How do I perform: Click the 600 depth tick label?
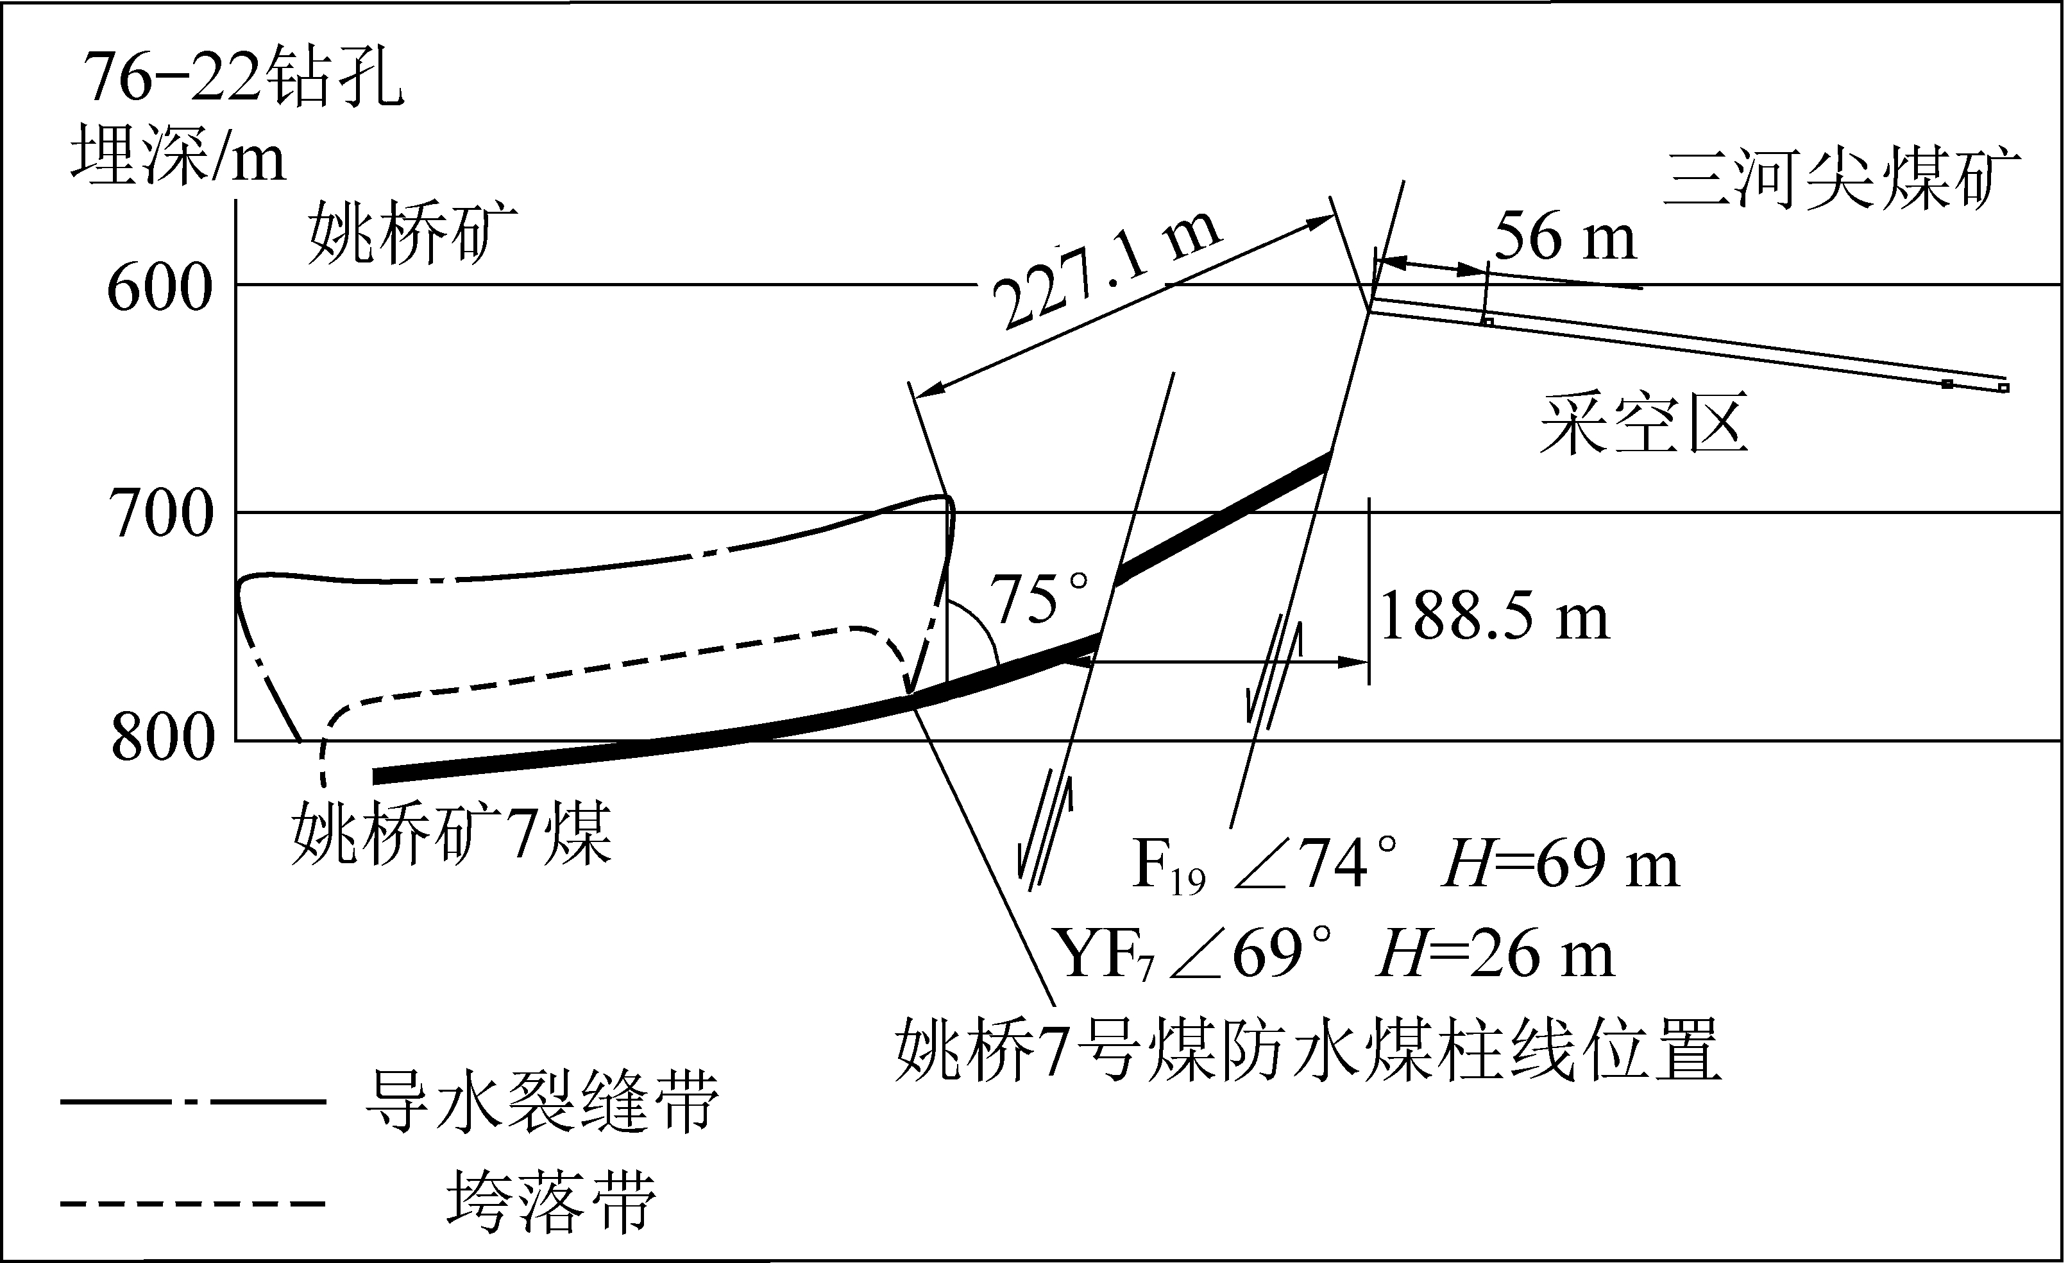pos(160,288)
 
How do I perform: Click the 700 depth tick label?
pos(161,514)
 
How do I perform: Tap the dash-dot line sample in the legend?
pos(193,1101)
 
